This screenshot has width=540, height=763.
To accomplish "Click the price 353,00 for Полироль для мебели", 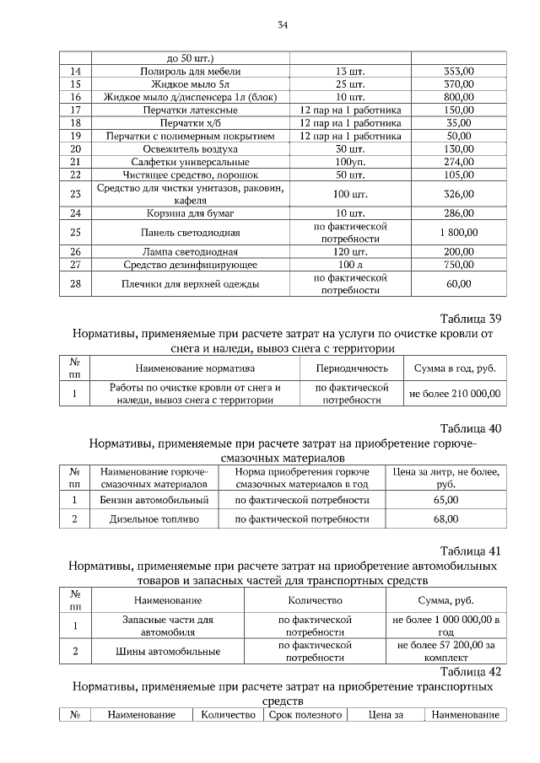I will click(x=459, y=72).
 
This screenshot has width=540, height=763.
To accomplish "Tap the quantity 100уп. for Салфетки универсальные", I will click(x=349, y=161).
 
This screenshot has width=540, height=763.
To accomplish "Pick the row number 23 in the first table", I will click(x=75, y=193).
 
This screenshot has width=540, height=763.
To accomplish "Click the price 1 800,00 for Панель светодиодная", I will click(x=459, y=232).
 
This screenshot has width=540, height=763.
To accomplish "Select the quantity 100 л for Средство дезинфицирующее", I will click(x=349, y=265).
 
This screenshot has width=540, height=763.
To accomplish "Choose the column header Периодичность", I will click(x=352, y=368).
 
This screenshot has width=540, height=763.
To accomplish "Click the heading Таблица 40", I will click(x=471, y=428).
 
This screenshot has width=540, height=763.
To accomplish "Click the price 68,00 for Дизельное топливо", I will click(x=445, y=519).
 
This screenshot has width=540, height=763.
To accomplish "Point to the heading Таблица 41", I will click(x=471, y=551).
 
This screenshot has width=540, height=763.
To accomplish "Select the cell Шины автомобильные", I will click(x=167, y=651).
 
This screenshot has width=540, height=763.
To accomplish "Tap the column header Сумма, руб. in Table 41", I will click(x=445, y=600).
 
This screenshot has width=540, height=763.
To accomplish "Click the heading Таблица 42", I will click(x=471, y=672).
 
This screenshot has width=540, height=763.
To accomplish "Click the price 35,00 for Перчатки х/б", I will click(x=459, y=122).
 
